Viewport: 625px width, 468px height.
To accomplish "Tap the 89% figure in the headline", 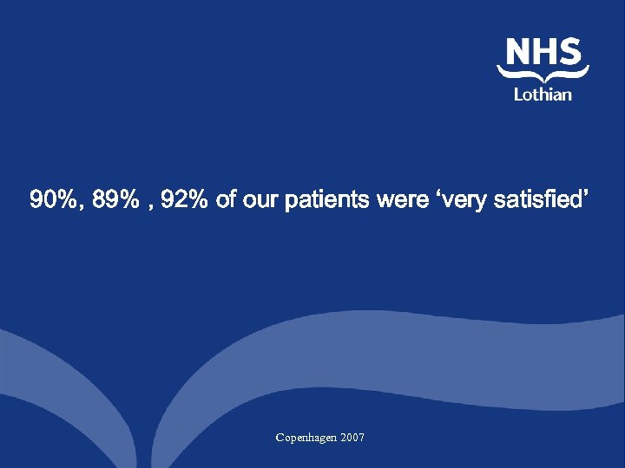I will pos(116,201).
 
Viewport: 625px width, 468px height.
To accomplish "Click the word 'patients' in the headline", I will pos(328,201).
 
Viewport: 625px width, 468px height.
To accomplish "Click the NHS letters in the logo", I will pos(543,51).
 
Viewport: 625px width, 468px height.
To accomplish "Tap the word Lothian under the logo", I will pos(543,94).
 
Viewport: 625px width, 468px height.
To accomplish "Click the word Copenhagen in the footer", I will pos(306,438).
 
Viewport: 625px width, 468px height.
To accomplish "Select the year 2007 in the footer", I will pos(353,438).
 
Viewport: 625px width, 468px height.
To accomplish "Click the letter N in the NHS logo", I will pos(518,51).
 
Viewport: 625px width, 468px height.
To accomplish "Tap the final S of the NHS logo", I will pos(569,51).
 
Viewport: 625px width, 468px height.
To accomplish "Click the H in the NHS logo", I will pos(544,51).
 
